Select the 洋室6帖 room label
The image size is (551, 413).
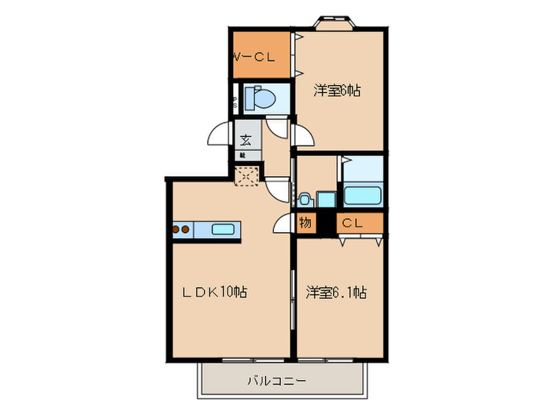pyautogui.click(x=337, y=90)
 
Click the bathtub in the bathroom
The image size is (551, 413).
pyautogui.click(x=364, y=194)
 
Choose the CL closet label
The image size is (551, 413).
pyautogui.click(x=351, y=223)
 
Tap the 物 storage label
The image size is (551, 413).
pyautogui.click(x=305, y=223)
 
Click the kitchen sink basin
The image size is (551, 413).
pyautogui.click(x=223, y=230)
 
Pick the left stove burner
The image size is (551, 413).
pyautogui.click(x=177, y=230)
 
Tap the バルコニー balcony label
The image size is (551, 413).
pyautogui.click(x=275, y=381)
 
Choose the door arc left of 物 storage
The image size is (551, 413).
pyautogui.click(x=283, y=225)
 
